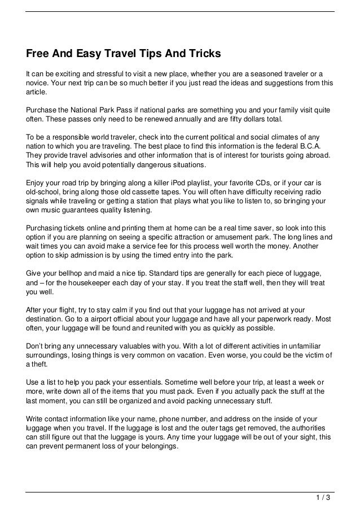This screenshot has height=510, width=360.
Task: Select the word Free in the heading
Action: pyautogui.click(x=38, y=54)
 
